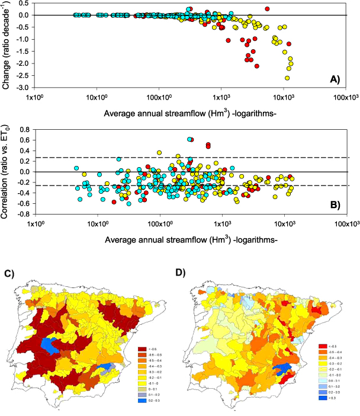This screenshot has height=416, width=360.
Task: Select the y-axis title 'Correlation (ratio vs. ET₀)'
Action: pyautogui.click(x=8, y=172)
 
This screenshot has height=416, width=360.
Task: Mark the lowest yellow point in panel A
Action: pyautogui.click(x=288, y=78)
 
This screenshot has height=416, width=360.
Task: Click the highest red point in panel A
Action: pyautogui.click(x=267, y=9)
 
